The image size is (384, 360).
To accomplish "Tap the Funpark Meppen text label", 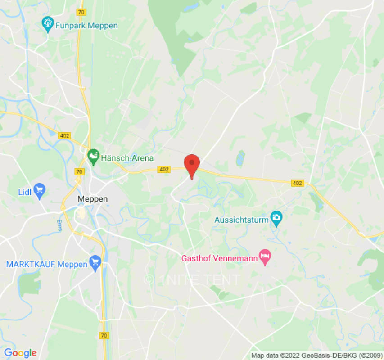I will point(86,25).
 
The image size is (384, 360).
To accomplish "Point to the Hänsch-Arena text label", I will point(127,158).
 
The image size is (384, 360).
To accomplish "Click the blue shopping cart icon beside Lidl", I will point(40,191).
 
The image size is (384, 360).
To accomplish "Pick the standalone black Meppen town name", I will point(93,198).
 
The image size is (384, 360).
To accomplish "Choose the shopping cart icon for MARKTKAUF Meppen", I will point(95,263).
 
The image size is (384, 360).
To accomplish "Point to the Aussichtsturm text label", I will point(241,220).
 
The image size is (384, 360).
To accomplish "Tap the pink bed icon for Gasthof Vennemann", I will point(265,257).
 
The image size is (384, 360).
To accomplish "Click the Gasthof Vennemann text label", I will point(220,259).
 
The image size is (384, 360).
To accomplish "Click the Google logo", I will point(20,353).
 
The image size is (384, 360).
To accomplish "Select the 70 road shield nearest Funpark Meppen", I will point(81,12).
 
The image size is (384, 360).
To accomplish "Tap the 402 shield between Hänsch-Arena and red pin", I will point(164,169).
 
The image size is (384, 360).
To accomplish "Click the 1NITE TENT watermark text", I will point(192,280).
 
